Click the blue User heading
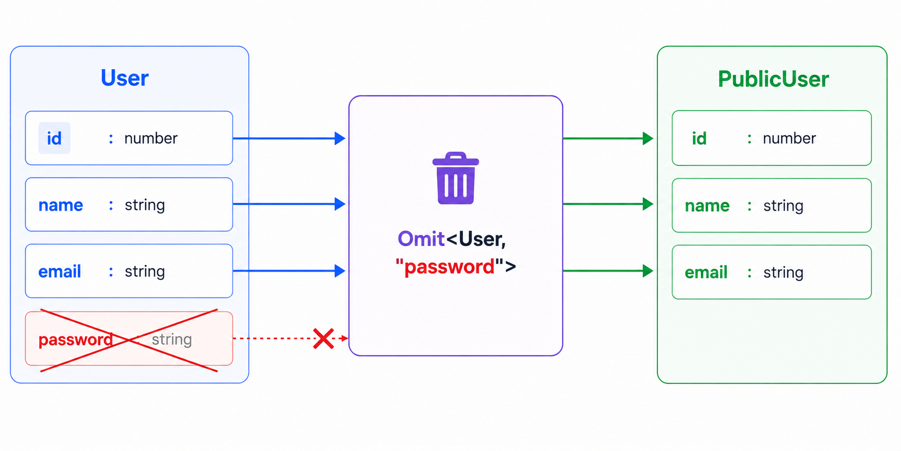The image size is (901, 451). click(x=124, y=78)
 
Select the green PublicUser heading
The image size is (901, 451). click(x=773, y=79)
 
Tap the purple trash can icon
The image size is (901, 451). click(x=456, y=178)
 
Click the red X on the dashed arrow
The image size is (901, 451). click(x=324, y=339)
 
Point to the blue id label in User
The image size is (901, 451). click(x=54, y=138)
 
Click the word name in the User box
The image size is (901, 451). click(x=60, y=205)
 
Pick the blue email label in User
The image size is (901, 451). click(x=59, y=272)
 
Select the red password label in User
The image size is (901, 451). click(x=76, y=340)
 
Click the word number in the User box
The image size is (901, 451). click(x=151, y=138)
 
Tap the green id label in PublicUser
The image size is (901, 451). click(x=699, y=138)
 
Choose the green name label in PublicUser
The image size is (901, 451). click(x=707, y=206)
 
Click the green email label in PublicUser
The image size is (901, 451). click(x=706, y=273)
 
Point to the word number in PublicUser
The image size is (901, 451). click(x=789, y=138)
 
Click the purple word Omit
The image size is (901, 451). click(x=421, y=239)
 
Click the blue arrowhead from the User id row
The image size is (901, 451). click(x=340, y=138)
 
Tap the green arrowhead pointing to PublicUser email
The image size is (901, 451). click(x=648, y=271)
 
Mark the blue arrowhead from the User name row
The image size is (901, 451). click(x=340, y=204)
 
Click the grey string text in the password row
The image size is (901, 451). click(x=172, y=339)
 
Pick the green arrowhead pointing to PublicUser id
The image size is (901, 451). click(x=648, y=138)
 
